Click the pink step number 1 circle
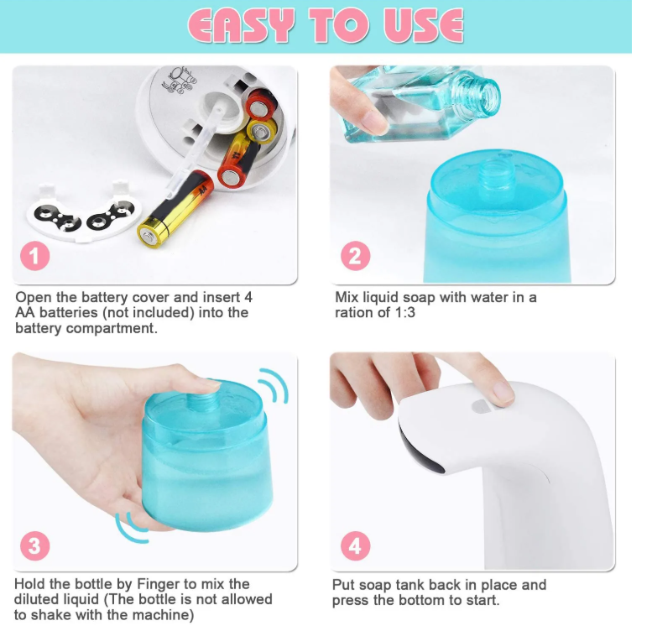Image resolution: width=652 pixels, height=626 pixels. pyautogui.click(x=35, y=256)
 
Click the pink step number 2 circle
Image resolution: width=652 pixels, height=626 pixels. pyautogui.click(x=356, y=256)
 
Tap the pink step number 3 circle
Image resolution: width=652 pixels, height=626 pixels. pyautogui.click(x=35, y=545)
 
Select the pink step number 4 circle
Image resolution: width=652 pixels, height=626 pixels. pyautogui.click(x=356, y=545)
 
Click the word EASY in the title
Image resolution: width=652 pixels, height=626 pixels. pyautogui.click(x=241, y=25)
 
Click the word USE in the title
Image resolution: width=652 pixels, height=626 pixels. pyautogui.click(x=423, y=25)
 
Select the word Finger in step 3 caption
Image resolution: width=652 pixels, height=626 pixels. pyautogui.click(x=159, y=583)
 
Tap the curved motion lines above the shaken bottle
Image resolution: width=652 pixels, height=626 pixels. pyautogui.click(x=274, y=385)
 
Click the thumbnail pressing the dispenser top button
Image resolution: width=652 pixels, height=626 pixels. pyautogui.click(x=502, y=393)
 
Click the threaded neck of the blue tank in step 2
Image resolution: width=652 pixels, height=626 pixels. pyautogui.click(x=495, y=174)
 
